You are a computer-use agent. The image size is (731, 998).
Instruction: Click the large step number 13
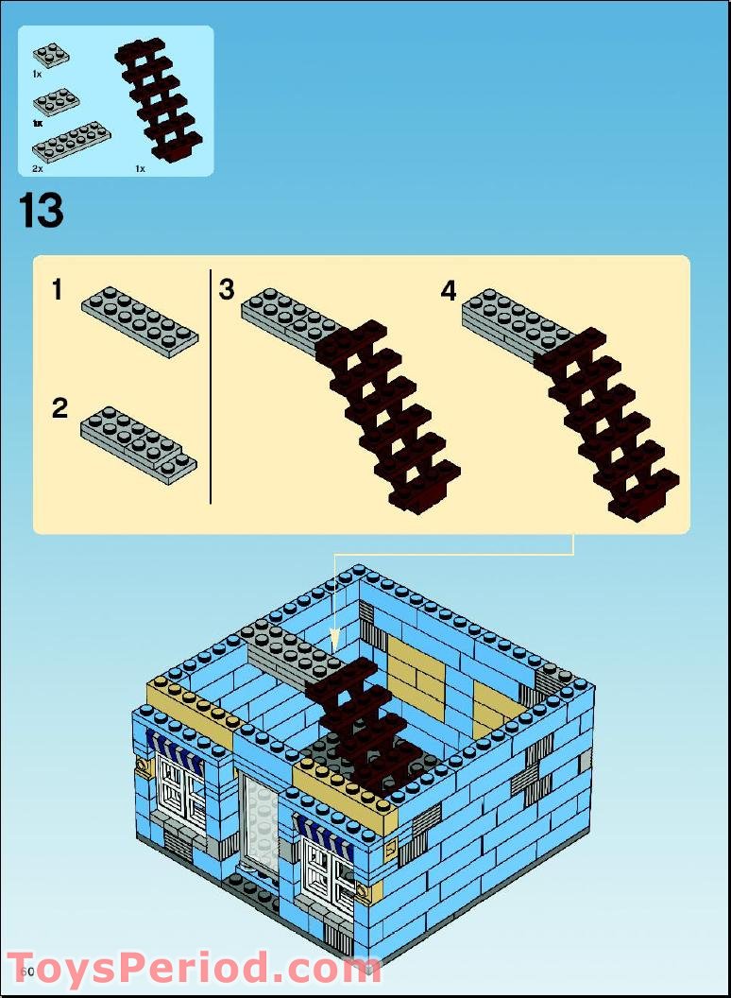tap(42, 211)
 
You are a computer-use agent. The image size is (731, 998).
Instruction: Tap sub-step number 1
tap(58, 290)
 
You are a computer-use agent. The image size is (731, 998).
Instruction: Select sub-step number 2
tap(59, 408)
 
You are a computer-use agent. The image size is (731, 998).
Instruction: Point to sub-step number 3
tap(227, 289)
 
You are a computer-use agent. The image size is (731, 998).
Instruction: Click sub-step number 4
tap(449, 291)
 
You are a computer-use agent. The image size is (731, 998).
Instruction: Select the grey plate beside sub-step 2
tap(139, 444)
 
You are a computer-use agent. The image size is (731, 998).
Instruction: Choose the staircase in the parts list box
tap(159, 100)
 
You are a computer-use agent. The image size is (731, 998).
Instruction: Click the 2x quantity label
tap(38, 168)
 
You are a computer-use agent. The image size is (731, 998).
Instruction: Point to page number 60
tap(25, 971)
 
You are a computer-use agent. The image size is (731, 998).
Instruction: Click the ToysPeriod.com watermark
tap(194, 969)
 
